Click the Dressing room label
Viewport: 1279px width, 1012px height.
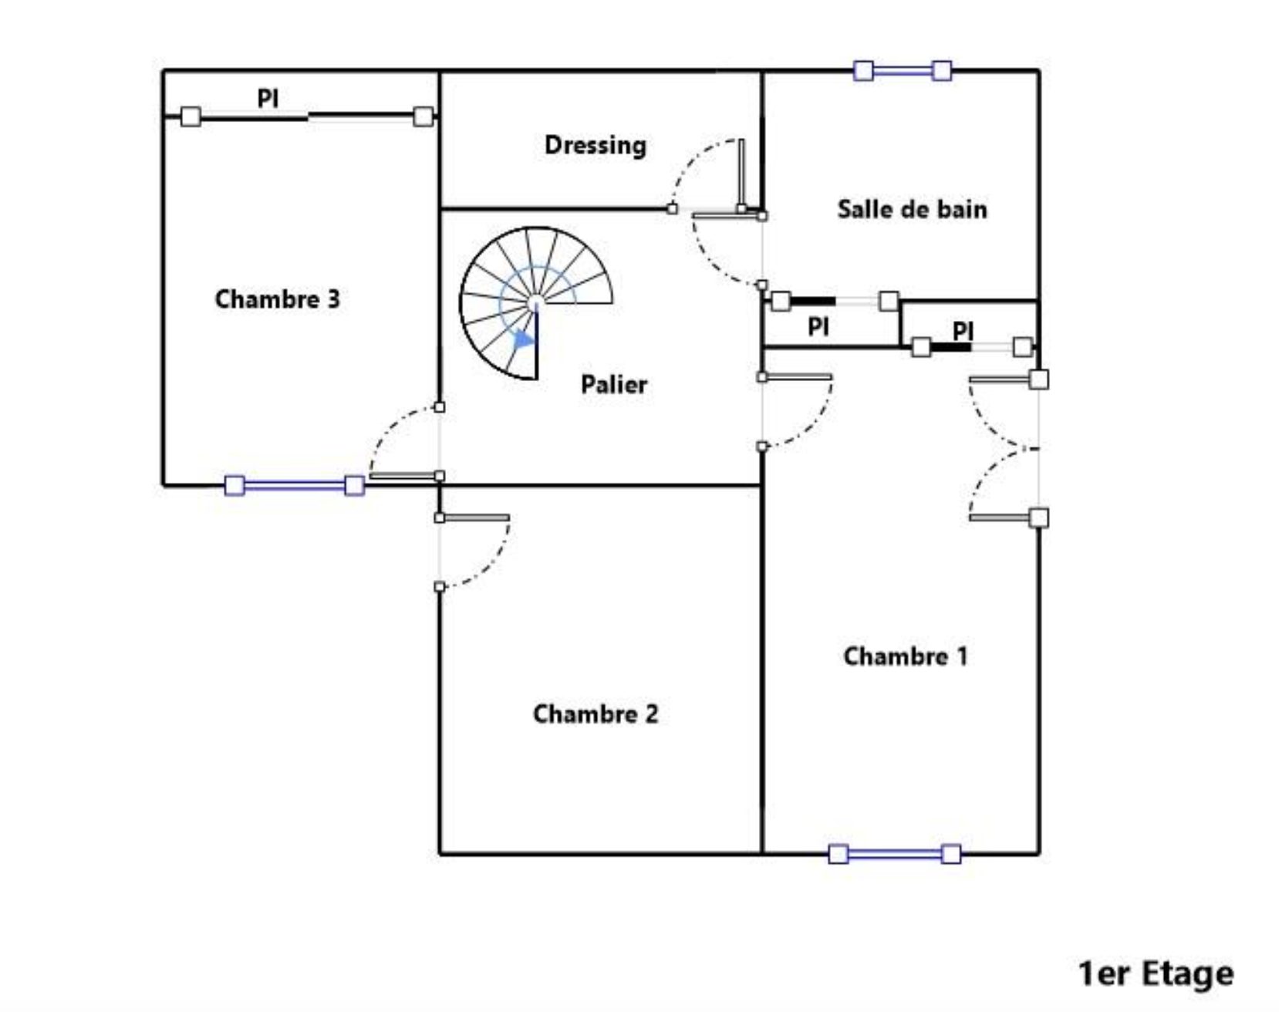point(595,146)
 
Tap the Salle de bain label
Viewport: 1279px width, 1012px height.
point(912,209)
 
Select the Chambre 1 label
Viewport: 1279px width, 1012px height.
point(905,656)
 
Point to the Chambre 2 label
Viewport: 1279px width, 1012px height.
point(596,714)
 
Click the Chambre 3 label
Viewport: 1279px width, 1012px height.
point(277,299)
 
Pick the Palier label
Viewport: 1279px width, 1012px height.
point(614,384)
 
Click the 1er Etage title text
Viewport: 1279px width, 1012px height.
point(1156,973)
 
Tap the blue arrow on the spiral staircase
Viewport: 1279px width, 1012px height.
point(525,339)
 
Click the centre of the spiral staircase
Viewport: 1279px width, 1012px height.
point(536,302)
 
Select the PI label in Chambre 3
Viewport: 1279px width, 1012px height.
point(268,99)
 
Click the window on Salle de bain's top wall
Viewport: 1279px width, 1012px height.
point(903,71)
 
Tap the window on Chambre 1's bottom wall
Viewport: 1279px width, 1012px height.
point(895,854)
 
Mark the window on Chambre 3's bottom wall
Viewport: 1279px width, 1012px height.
point(294,485)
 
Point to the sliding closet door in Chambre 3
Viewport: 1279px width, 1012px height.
point(307,116)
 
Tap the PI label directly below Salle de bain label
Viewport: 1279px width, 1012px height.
point(818,327)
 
